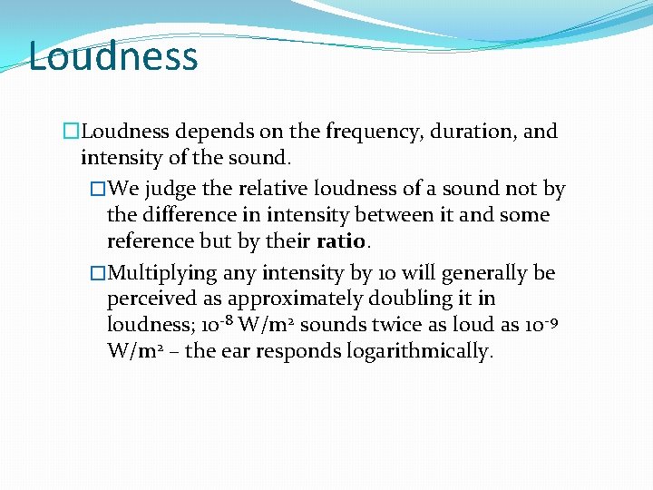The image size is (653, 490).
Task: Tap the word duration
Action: pos(464,132)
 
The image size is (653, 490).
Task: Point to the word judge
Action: pos(171,190)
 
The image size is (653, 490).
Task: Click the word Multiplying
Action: pos(166,273)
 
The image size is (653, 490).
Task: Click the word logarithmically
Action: pos(420,352)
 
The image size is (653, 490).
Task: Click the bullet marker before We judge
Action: pos(99,190)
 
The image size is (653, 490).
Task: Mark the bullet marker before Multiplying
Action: pos(99,273)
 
